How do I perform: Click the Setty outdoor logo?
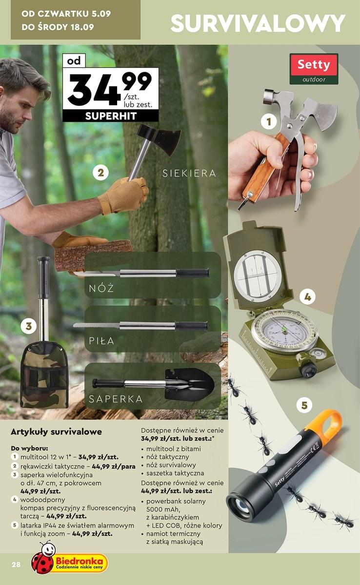tap(314, 69)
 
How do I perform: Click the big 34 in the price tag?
tap(94, 89)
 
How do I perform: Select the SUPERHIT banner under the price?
tap(111, 116)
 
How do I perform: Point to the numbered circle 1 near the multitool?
tap(269, 121)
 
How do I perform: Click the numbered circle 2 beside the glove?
tap(101, 173)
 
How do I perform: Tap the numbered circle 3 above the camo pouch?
tap(28, 326)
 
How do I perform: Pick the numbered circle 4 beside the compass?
tap(307, 297)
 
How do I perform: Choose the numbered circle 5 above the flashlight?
tap(304, 405)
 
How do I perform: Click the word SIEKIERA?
tap(189, 174)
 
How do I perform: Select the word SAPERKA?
tap(116, 399)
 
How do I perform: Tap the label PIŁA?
tap(101, 341)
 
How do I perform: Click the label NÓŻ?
tap(101, 288)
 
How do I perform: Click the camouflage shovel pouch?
tap(44, 378)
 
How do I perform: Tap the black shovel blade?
tap(190, 384)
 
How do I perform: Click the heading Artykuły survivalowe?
tap(56, 432)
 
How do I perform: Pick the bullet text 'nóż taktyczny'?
tap(167, 457)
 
